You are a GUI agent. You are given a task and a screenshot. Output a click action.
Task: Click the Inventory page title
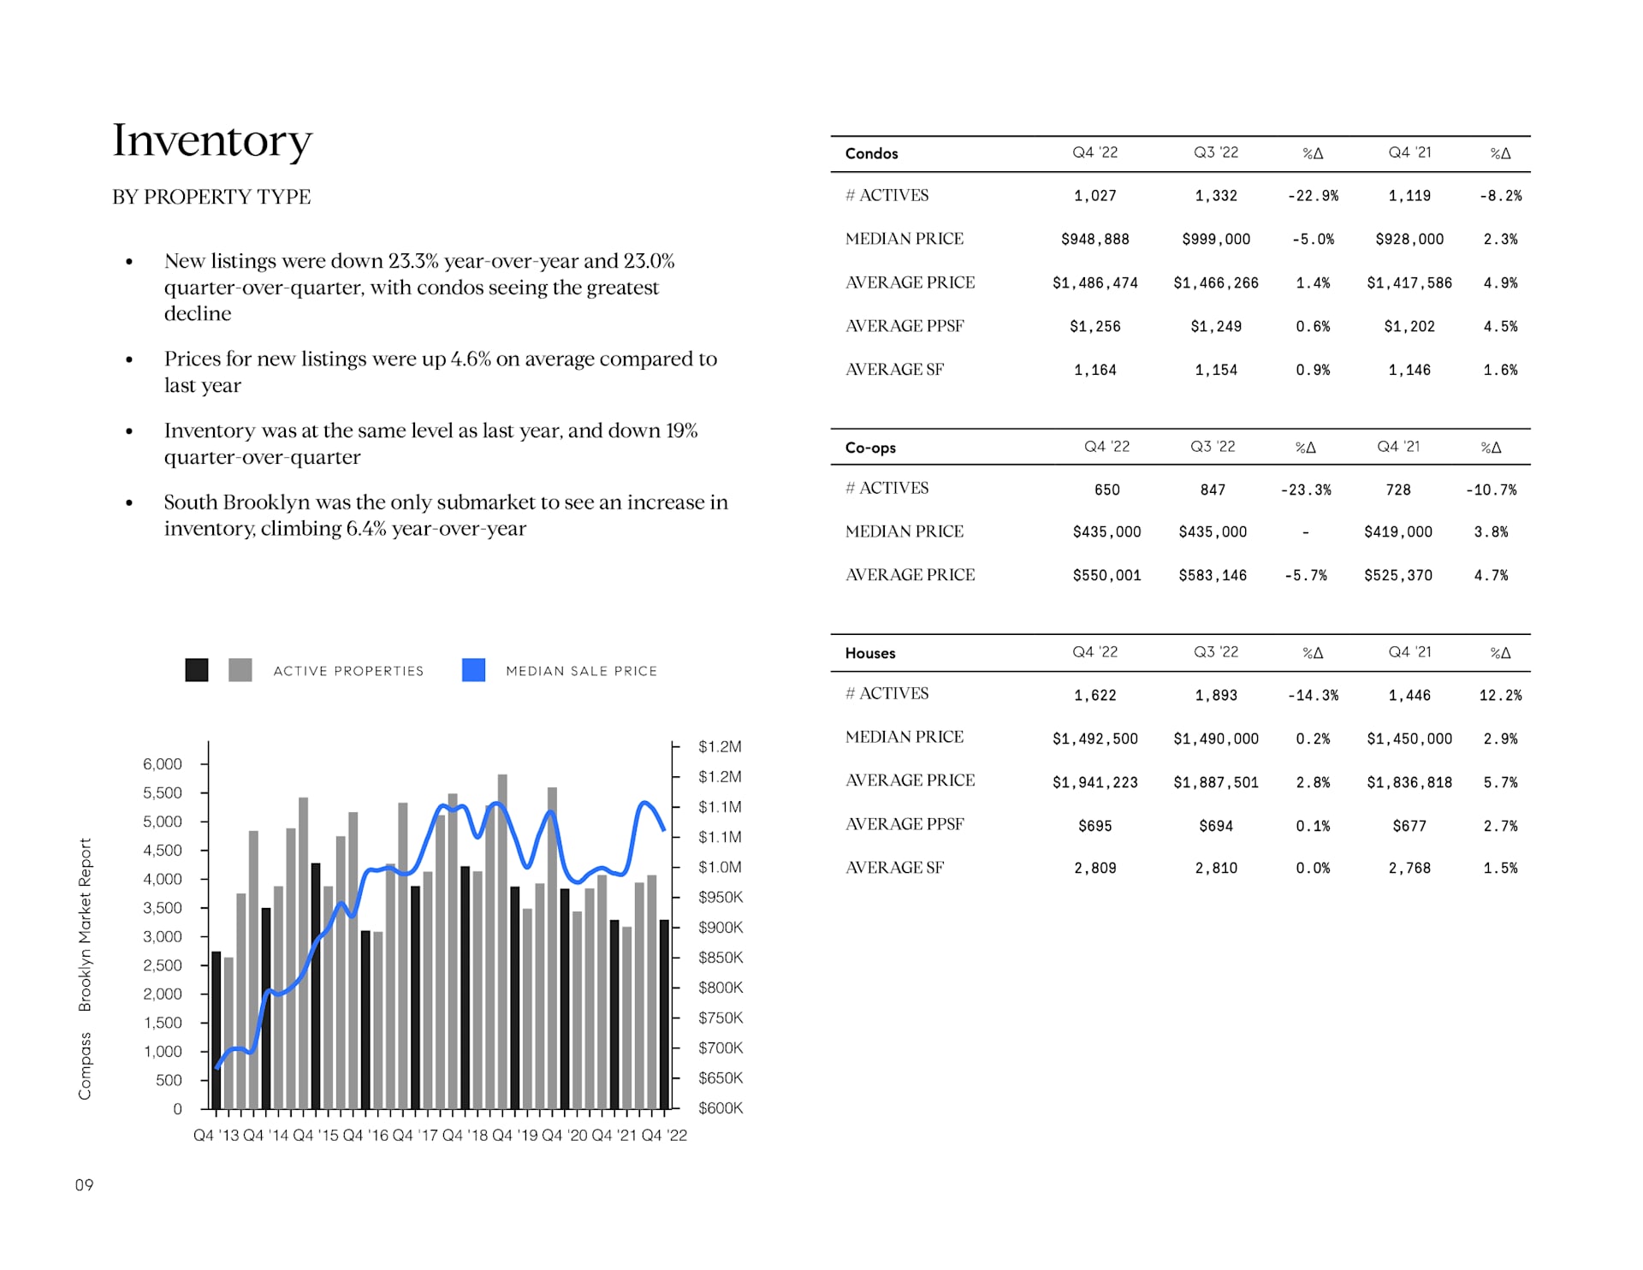point(212,140)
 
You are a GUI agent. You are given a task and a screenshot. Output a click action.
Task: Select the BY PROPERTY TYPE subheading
point(211,197)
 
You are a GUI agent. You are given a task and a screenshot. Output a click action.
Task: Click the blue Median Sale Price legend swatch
point(473,670)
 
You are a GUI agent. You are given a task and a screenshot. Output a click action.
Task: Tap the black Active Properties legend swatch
point(197,670)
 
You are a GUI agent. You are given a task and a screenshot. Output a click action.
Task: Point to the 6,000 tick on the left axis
point(163,763)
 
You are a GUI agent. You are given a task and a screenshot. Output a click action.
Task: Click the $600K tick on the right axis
point(721,1107)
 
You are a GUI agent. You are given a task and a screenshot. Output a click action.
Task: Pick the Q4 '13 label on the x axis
point(216,1135)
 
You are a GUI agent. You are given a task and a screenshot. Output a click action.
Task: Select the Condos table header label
point(871,154)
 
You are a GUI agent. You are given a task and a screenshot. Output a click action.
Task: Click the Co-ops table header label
point(870,448)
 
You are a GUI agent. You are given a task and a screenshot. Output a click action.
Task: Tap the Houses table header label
point(870,653)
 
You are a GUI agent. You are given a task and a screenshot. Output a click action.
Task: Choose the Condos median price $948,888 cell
point(1094,240)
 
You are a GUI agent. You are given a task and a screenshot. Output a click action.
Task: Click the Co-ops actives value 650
point(1106,490)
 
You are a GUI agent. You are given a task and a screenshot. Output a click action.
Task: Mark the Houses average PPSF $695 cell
point(1094,826)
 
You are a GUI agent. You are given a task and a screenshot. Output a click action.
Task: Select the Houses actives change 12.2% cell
point(1500,696)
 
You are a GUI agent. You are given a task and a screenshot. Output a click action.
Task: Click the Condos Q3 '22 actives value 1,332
point(1216,196)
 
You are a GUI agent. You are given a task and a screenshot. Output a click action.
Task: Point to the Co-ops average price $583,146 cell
point(1213,575)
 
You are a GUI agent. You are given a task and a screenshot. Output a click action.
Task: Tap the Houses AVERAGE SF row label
point(894,868)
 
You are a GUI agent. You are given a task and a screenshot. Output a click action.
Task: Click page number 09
point(84,1185)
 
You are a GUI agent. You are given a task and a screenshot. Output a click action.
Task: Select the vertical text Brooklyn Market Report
point(85,924)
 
